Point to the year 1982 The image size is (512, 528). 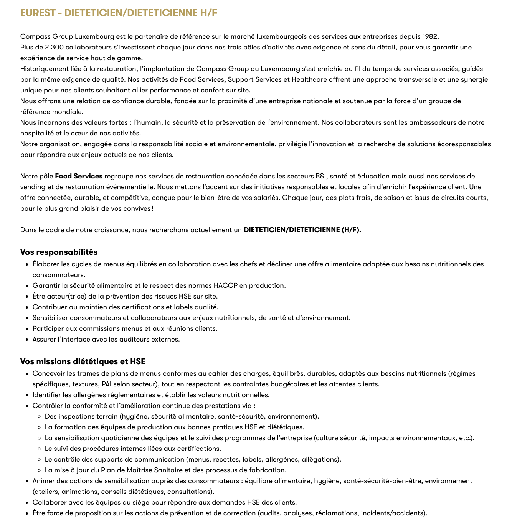(430, 36)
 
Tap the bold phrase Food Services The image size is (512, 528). (79, 176)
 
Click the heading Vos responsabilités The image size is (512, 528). (59, 252)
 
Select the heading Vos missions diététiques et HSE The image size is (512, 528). (83, 361)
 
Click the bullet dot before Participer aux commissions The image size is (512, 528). (27, 329)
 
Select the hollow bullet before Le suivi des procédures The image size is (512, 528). (39, 449)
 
